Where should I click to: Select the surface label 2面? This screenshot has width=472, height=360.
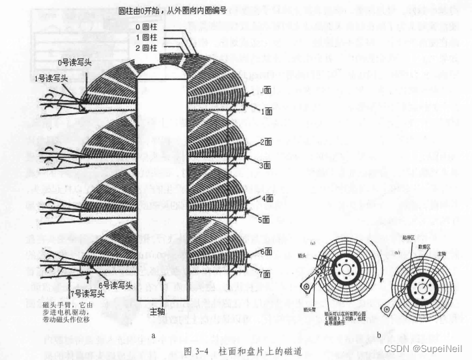[x=266, y=141]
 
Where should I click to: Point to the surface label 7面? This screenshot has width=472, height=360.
[x=266, y=273]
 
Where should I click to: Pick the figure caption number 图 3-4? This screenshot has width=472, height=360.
[x=197, y=351]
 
